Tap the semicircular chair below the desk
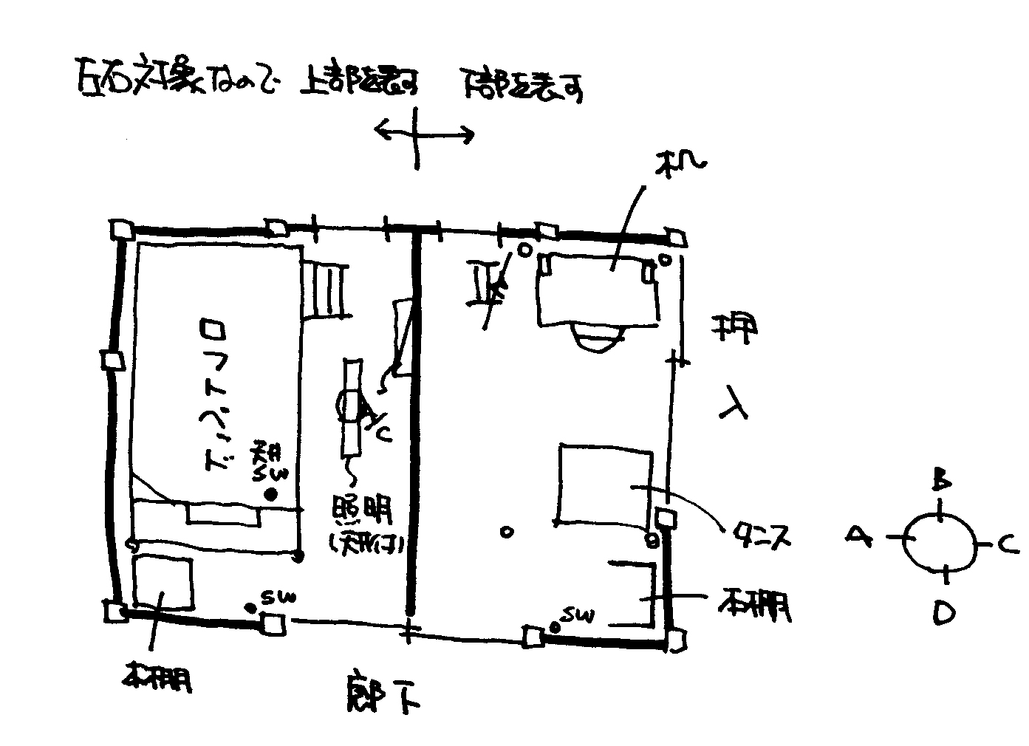click(x=597, y=338)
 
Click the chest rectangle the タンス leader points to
click(x=605, y=485)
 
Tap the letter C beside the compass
click(x=1009, y=546)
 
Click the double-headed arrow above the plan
click(x=423, y=134)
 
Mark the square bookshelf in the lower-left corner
click(x=163, y=581)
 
